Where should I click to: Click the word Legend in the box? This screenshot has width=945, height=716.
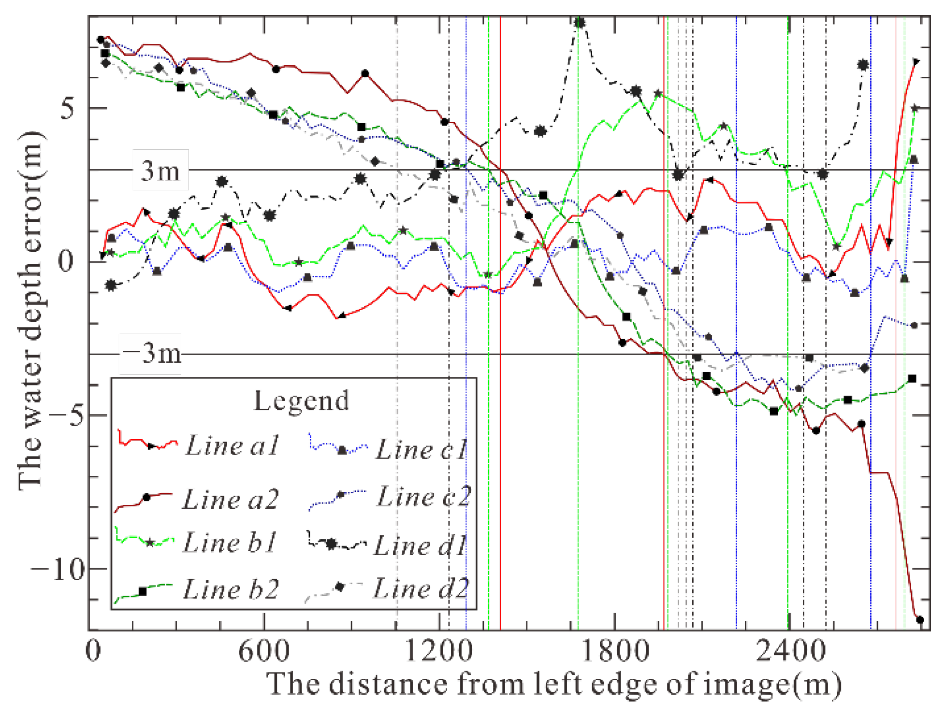(x=301, y=401)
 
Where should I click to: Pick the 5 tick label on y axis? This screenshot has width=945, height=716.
(x=67, y=108)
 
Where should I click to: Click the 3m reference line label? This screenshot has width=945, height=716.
(x=160, y=170)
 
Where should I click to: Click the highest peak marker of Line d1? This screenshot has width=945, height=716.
(x=580, y=22)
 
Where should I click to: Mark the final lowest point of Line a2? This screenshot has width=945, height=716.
(x=919, y=620)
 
